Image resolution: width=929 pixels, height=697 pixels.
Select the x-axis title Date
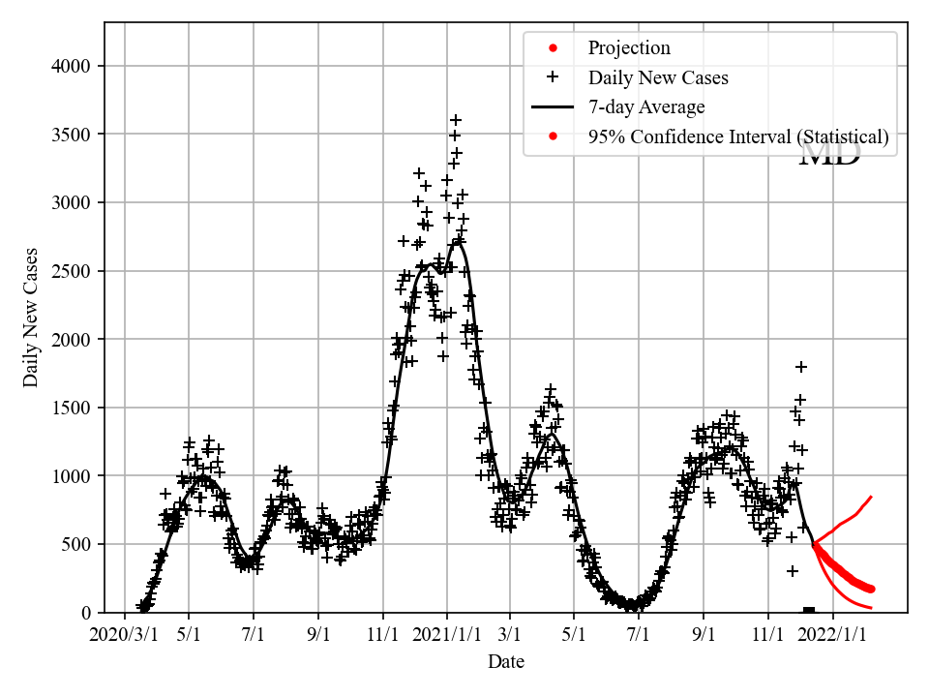pos(506,662)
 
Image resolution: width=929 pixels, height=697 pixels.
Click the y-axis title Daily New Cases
pos(31,318)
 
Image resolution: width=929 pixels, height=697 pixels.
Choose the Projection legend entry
pos(628,48)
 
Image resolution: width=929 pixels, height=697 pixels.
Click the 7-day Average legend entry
pos(645,107)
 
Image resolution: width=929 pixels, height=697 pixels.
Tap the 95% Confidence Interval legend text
pos(737,137)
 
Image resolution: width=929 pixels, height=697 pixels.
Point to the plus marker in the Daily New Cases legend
pos(552,77)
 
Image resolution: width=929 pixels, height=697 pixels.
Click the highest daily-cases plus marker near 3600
pos(456,120)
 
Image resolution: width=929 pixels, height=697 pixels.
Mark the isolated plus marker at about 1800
pos(801,367)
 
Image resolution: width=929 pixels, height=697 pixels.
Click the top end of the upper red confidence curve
pos(871,497)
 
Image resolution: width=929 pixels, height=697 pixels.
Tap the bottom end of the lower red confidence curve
pos(871,608)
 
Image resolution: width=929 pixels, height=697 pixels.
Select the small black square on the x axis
pos(809,611)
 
